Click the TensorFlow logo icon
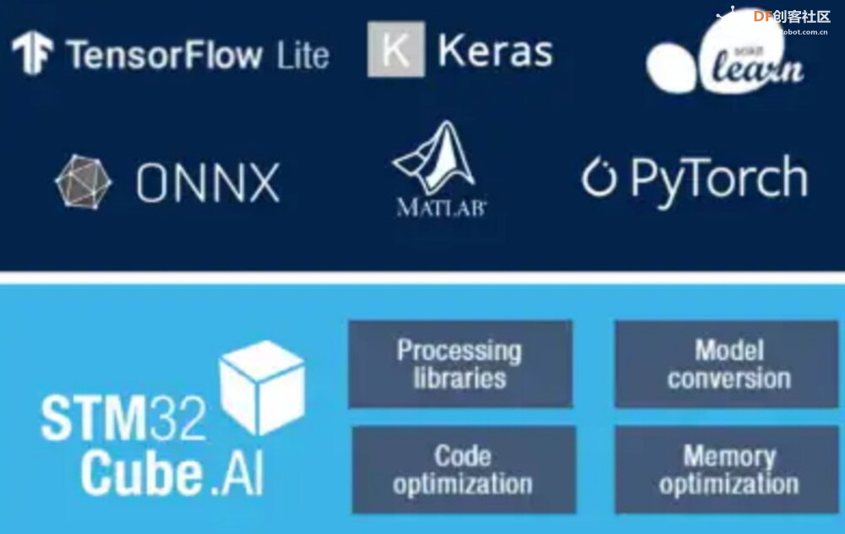(32, 52)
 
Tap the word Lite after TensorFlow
(302, 56)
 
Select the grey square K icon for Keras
(395, 49)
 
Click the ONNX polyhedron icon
(83, 181)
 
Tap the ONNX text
(208, 182)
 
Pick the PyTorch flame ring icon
(598, 177)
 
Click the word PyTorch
(718, 179)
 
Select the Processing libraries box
(460, 363)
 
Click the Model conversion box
(728, 363)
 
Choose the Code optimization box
(463, 470)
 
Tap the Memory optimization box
(728, 470)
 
